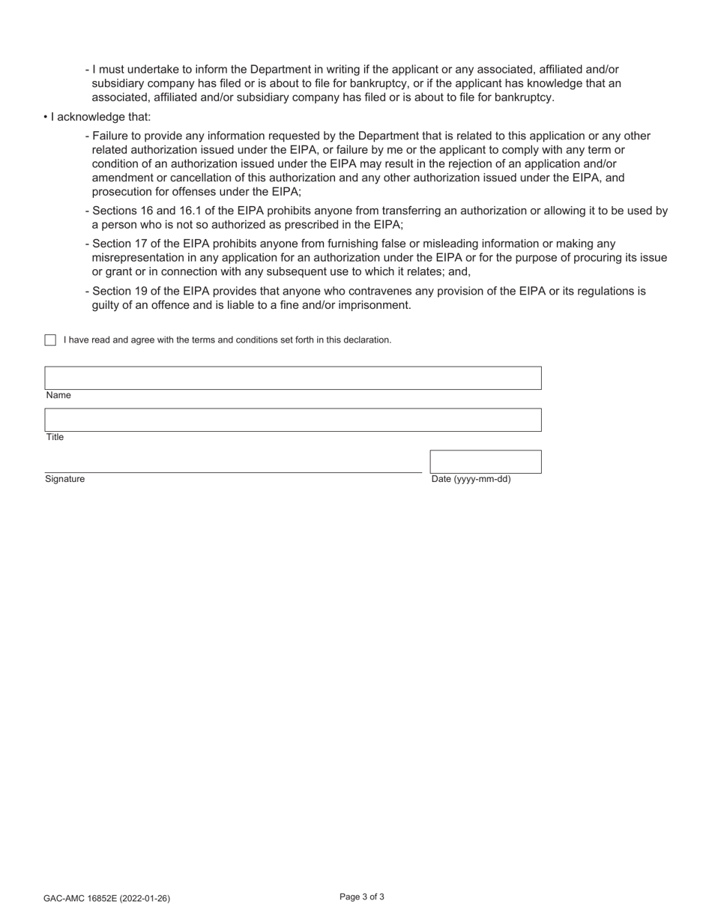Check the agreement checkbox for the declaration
[x=50, y=340]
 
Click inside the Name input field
[x=292, y=378]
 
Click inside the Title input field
[x=292, y=420]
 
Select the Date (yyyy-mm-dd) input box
[x=485, y=461]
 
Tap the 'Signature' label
[x=64, y=479]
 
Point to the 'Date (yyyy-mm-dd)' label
[x=471, y=479]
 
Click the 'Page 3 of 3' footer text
[x=362, y=897]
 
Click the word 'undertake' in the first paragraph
[x=153, y=69]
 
